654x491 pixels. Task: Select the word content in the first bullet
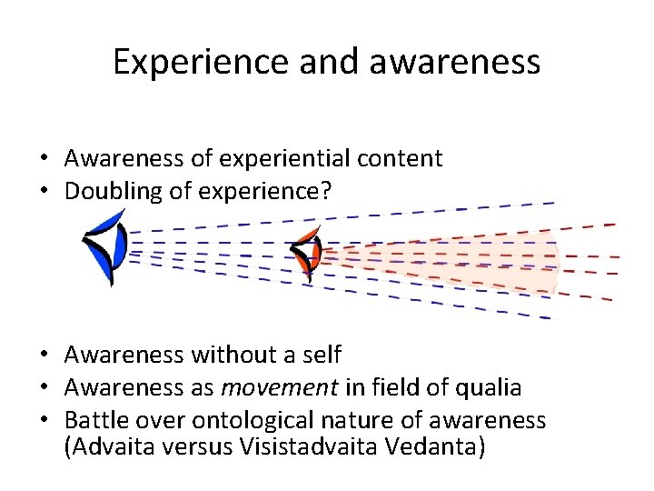coord(401,158)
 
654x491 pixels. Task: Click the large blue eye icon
coord(104,246)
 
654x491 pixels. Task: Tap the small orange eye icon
coord(306,252)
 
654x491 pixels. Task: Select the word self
coord(321,354)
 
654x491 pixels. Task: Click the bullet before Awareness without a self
coord(44,355)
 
